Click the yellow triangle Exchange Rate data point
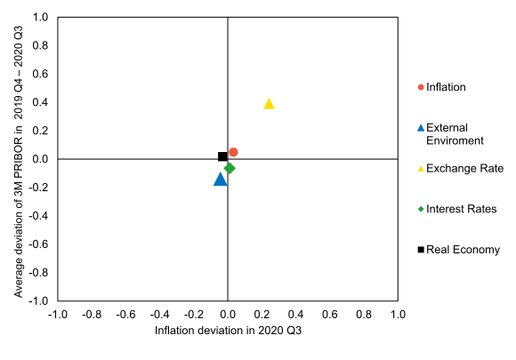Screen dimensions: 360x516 (269, 104)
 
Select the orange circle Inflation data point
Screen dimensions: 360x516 (233, 152)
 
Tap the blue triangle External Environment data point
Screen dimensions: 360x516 (221, 180)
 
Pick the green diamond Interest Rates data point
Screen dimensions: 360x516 (230, 168)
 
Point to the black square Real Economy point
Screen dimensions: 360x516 (222, 156)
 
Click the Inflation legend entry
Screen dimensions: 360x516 (445, 87)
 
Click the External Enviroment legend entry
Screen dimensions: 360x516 (454, 133)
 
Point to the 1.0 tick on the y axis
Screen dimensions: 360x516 (41, 18)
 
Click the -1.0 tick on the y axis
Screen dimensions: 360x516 (39, 301)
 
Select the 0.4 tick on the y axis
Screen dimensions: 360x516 (41, 103)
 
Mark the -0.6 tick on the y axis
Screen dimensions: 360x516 (39, 244)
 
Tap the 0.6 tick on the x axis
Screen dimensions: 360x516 (330, 315)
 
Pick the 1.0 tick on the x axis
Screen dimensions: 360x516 (398, 315)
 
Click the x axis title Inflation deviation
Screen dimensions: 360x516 (228, 332)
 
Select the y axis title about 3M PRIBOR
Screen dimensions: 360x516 (18, 160)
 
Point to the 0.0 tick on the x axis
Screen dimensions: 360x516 (228, 315)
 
